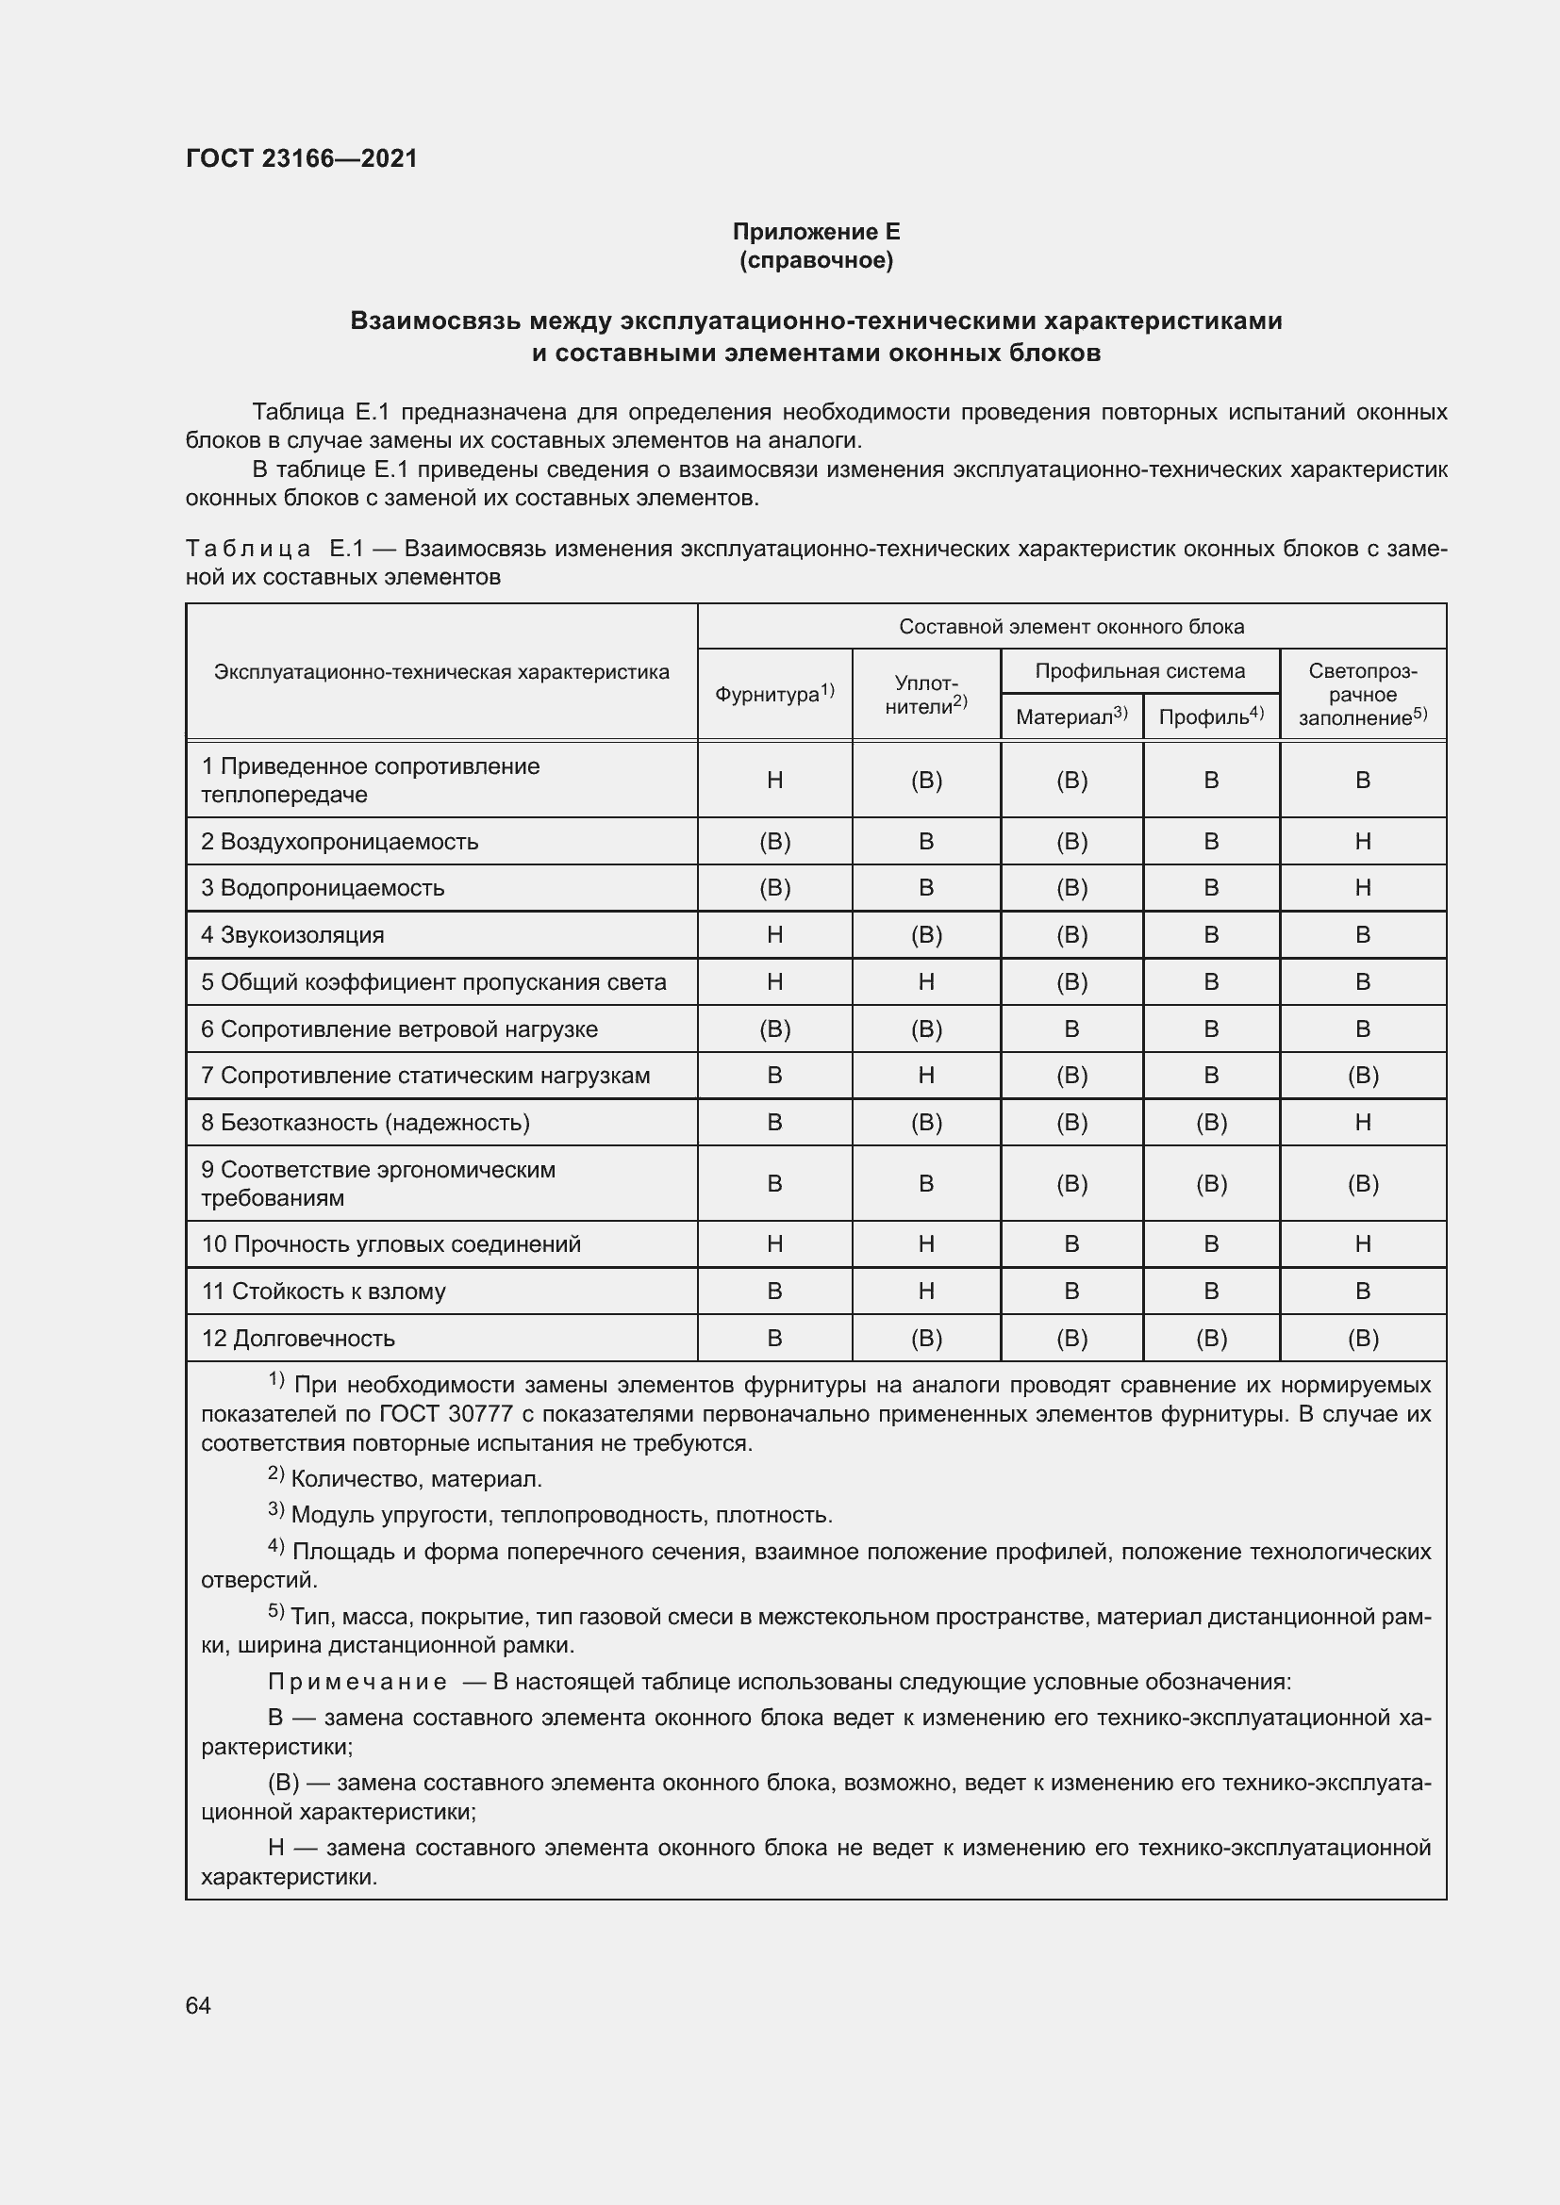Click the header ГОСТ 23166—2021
(302, 158)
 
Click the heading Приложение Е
(816, 232)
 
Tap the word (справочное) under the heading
(816, 260)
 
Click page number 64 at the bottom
(198, 2005)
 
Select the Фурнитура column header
(774, 694)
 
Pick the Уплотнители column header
(926, 694)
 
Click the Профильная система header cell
(1139, 670)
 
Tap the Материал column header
(1071, 716)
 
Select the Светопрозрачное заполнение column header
(1362, 694)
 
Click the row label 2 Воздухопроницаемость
(340, 841)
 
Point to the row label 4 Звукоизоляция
(292, 934)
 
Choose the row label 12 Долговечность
(298, 1338)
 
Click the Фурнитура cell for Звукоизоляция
(774, 934)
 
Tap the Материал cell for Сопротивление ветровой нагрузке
(1071, 1028)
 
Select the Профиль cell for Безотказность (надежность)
(1210, 1122)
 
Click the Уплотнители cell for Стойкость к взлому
(926, 1291)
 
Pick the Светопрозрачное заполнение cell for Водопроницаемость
(1362, 887)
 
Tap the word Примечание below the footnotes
(357, 1682)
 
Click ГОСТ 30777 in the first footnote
(444, 1414)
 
